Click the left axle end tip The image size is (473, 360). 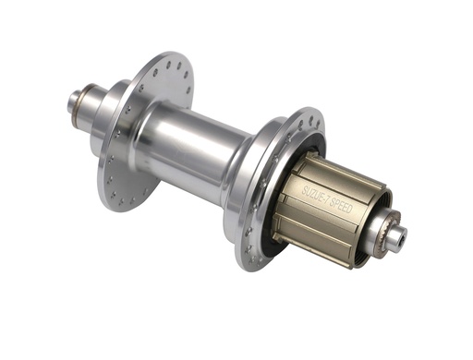coord(71,100)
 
